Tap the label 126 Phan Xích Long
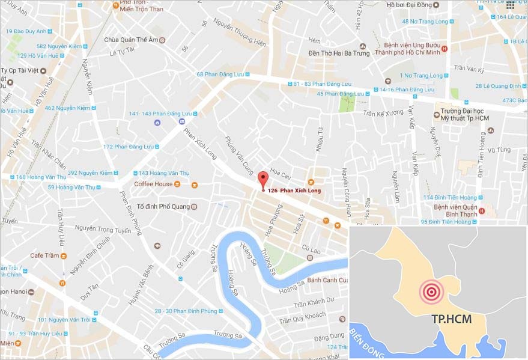click(x=294, y=191)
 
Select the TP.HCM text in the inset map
click(x=451, y=319)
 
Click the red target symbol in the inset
click(x=431, y=292)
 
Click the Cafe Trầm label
click(x=44, y=255)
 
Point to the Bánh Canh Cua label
click(x=326, y=279)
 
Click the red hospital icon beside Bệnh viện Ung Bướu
click(x=445, y=49)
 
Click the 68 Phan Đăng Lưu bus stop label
click(x=219, y=75)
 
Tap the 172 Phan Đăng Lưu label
click(x=129, y=147)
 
